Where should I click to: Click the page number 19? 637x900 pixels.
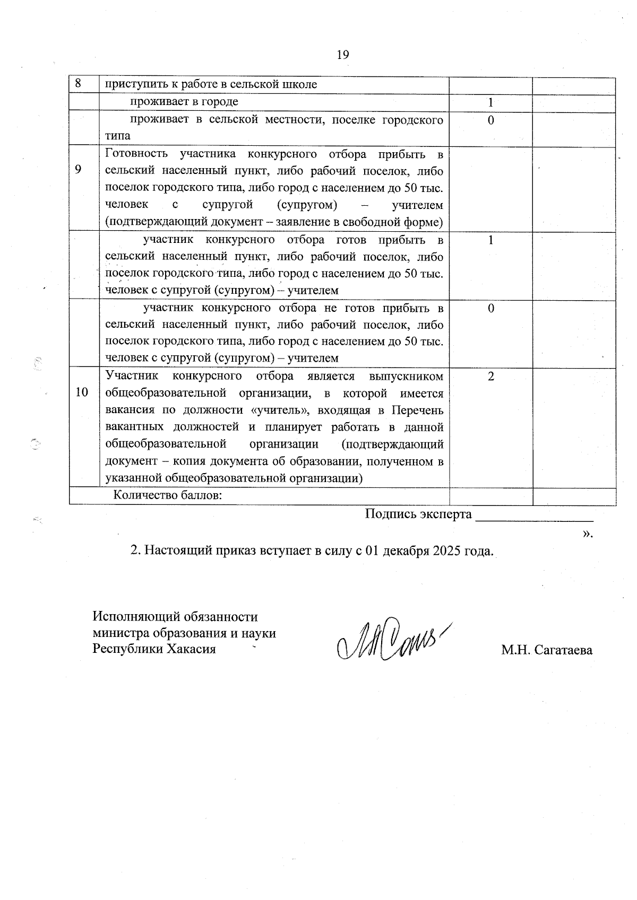click(x=342, y=54)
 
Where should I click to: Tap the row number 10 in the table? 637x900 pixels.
click(x=82, y=392)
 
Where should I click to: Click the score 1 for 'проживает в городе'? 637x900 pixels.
click(x=490, y=102)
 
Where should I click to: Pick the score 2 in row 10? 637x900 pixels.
click(x=490, y=377)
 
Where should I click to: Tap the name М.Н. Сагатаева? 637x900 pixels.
click(x=547, y=650)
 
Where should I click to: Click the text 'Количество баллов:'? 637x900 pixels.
click(x=168, y=495)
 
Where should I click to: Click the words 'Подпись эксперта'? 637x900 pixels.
click(x=418, y=514)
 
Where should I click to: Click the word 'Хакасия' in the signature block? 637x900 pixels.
click(x=192, y=649)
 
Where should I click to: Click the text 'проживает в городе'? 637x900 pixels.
click(x=185, y=101)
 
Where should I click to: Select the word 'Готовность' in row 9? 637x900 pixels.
click(x=137, y=154)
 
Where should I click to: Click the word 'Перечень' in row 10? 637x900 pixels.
click(x=418, y=410)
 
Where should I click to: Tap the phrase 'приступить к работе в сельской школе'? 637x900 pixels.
click(x=211, y=84)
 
